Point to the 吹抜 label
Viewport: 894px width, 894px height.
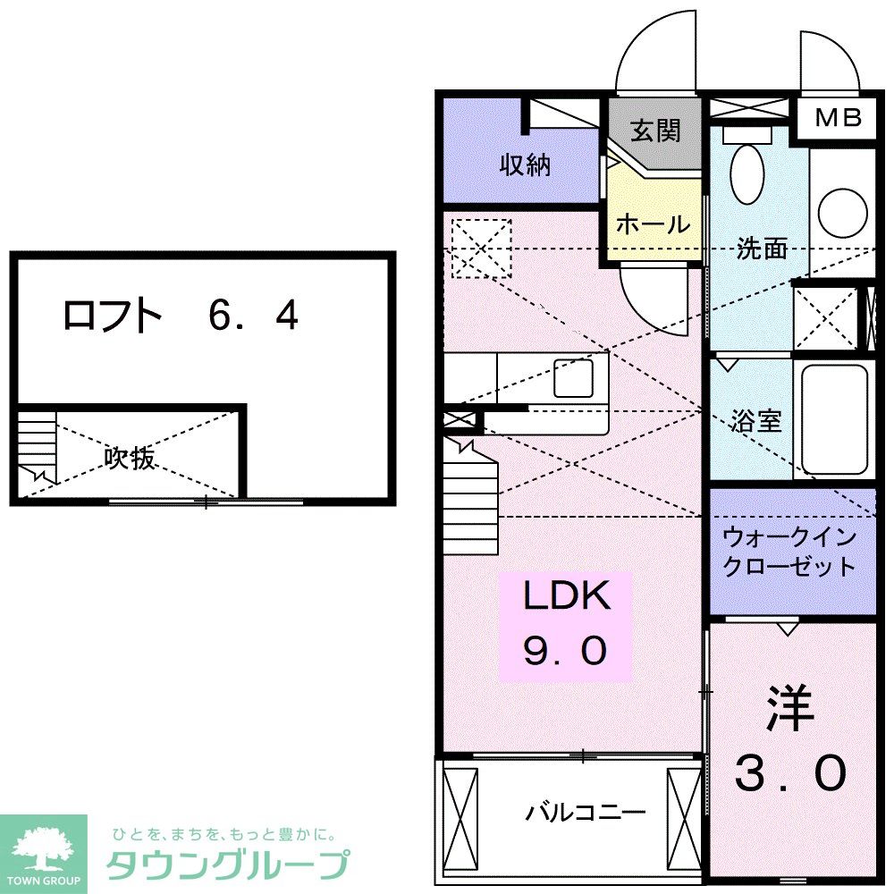131,459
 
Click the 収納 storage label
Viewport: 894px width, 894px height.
525,165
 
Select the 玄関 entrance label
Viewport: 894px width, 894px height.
656,131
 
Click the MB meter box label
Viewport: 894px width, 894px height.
837,117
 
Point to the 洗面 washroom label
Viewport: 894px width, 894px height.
762,249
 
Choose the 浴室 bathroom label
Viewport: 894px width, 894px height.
756,421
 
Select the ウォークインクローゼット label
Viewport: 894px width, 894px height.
789,552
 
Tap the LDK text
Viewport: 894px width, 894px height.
566,596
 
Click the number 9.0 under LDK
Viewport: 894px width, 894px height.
565,652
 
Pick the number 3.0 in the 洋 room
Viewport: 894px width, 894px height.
790,772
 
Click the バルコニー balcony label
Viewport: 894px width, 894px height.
585,814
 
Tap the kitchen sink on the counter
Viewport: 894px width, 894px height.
572,378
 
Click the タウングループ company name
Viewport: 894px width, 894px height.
227,865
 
